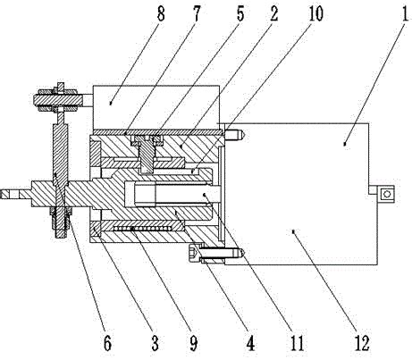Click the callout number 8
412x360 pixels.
pos(161,13)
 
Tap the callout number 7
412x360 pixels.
pos(196,13)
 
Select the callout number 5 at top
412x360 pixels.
pos(240,13)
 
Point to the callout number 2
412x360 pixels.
pos(273,13)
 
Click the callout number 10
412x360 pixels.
pos(315,13)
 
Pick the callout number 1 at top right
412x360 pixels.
pos(405,13)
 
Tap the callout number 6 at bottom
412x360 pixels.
pos(107,342)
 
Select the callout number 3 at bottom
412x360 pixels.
pos(155,342)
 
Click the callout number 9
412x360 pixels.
pos(194,342)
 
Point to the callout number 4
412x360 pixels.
pos(250,342)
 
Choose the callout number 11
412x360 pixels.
pos(297,342)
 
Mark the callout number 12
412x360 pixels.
pos(362,342)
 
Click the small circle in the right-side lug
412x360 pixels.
pos(387,195)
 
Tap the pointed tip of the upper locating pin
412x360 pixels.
pos(244,135)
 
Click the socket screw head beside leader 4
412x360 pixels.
pos(194,253)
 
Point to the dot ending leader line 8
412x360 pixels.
pos(111,104)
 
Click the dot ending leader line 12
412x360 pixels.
pos(293,230)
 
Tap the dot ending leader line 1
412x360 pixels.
pos(345,144)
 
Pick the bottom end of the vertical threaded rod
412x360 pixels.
pos(61,237)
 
